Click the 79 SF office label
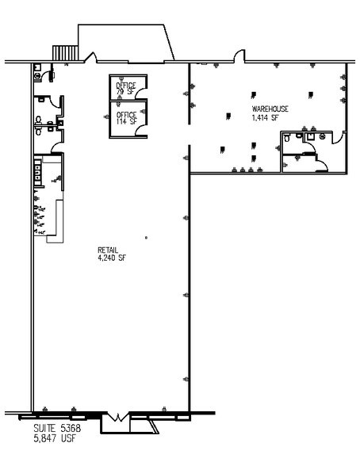coord(125,92)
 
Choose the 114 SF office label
coord(126,120)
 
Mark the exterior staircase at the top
coord(63,51)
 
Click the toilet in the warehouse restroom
coord(310,136)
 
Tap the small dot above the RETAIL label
coord(145,237)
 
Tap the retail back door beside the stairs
coord(90,58)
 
